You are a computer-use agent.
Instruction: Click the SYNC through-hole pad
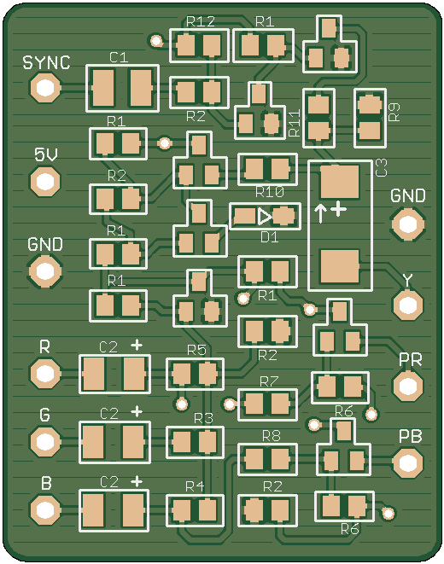click(x=45, y=87)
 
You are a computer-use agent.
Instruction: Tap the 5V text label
click(x=46, y=154)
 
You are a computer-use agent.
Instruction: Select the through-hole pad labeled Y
click(x=407, y=305)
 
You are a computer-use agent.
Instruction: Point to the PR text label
click(x=410, y=359)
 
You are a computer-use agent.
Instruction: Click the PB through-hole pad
click(x=407, y=463)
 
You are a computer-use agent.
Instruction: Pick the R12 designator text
click(x=201, y=21)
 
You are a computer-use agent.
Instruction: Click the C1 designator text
click(x=119, y=57)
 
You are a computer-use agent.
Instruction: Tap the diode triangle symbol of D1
click(x=265, y=216)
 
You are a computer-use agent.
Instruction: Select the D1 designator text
click(x=270, y=237)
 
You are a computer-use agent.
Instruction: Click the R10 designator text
click(x=270, y=192)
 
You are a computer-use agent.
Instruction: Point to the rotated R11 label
click(x=295, y=124)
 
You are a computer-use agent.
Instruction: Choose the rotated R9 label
click(x=394, y=112)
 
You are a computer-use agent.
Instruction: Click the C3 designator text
click(x=381, y=167)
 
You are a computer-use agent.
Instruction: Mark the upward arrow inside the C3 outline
click(x=320, y=213)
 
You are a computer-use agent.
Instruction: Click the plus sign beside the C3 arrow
click(x=338, y=209)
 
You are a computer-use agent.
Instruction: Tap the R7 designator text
click(x=269, y=381)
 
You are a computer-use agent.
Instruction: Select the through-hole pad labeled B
click(x=45, y=509)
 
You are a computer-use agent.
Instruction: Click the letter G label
click(x=44, y=415)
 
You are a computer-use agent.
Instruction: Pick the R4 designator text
click(x=195, y=486)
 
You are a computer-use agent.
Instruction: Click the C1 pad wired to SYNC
click(x=103, y=88)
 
